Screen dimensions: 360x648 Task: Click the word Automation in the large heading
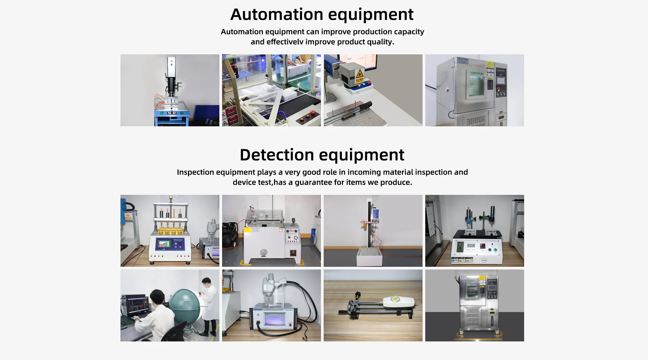[x=277, y=14]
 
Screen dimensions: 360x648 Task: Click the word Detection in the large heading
[x=277, y=155]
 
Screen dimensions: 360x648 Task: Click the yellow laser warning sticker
[x=359, y=73]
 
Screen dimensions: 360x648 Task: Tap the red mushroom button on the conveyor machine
[x=313, y=112]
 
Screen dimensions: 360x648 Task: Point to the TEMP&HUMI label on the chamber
[x=477, y=73]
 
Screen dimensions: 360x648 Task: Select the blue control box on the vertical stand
[x=376, y=214]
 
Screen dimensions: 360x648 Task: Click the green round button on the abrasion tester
[x=495, y=250]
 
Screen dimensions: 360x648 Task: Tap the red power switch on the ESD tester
[x=290, y=325]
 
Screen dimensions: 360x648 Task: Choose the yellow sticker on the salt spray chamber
[x=247, y=230]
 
